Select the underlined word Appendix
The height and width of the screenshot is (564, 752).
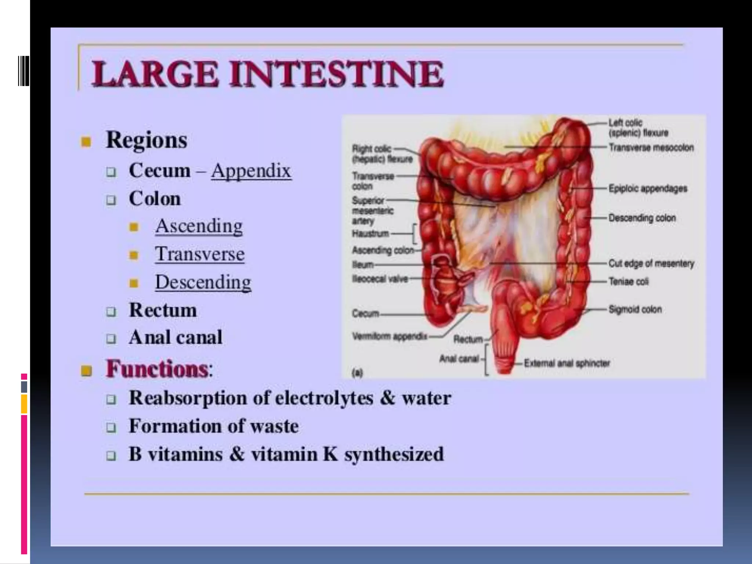coord(251,171)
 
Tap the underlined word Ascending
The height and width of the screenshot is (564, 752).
coord(199,226)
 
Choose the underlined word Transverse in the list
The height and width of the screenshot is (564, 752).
coord(200,254)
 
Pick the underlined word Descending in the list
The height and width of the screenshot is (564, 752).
coord(203,282)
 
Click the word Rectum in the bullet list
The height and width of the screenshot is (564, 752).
coord(163,310)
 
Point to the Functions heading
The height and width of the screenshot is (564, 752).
coord(157,369)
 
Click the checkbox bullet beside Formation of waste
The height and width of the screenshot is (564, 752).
coord(111,427)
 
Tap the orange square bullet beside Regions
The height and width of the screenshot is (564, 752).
coord(86,141)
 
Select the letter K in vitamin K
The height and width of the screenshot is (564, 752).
coord(330,454)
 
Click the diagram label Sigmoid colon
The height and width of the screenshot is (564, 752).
coord(635,310)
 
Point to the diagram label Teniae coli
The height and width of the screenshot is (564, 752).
coord(629,282)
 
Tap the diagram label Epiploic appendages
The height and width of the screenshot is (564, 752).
coord(648,188)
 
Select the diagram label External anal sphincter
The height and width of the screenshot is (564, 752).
coord(567,364)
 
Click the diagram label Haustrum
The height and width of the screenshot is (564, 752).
coord(370,234)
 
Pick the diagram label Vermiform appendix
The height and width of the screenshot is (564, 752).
coord(390,336)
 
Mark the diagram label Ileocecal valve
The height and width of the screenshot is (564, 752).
coord(380,279)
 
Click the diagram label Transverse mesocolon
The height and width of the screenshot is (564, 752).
coord(651,148)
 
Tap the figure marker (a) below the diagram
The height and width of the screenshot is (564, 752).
coord(357,373)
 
